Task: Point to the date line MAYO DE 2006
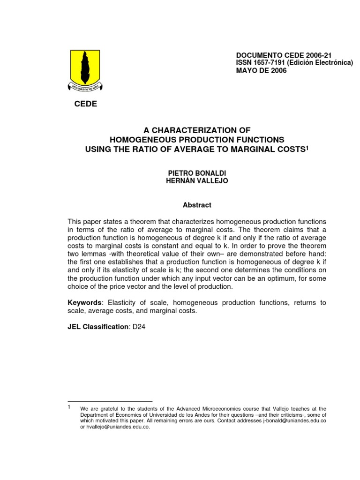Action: pos(263,70)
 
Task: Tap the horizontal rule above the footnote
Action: pos(110,401)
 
